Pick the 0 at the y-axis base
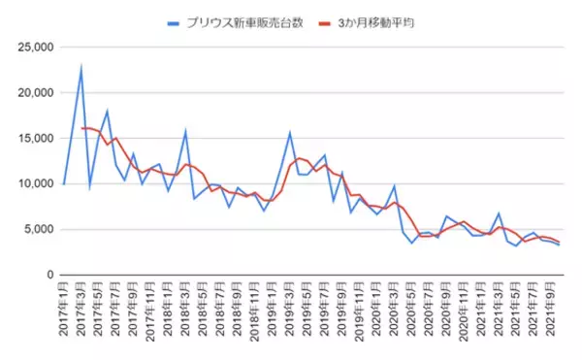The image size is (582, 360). (49, 275)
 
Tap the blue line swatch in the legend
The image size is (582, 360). (173, 20)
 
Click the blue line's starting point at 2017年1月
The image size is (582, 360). (63, 184)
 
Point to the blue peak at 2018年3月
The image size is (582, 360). (185, 131)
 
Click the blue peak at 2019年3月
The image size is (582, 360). (289, 133)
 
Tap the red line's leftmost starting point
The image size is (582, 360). (81, 128)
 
